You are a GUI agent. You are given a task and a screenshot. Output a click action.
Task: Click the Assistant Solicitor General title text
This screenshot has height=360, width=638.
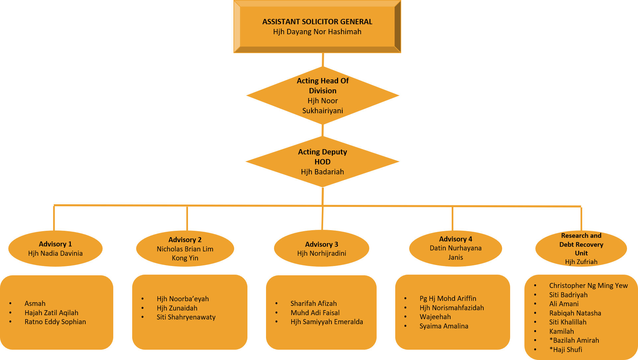click(x=317, y=22)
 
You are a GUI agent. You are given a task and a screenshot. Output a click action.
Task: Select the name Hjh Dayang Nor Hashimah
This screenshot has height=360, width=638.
click(x=317, y=32)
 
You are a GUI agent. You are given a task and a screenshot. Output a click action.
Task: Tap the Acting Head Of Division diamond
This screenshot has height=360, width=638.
click(x=322, y=95)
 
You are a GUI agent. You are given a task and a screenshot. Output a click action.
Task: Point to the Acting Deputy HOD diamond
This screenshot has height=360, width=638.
click(x=322, y=161)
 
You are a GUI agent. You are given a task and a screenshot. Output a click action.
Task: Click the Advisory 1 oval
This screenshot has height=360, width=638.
click(x=55, y=248)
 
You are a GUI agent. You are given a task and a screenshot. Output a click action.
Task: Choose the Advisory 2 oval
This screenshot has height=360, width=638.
click(x=185, y=248)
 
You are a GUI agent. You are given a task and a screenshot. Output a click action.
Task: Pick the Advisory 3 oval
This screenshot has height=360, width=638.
click(x=321, y=248)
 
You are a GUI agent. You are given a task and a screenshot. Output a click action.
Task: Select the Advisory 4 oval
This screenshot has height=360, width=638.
click(x=455, y=248)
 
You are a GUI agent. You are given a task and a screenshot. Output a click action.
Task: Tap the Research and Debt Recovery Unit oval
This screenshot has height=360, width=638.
click(x=581, y=248)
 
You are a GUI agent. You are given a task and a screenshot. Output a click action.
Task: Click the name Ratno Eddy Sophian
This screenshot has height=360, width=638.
click(x=55, y=322)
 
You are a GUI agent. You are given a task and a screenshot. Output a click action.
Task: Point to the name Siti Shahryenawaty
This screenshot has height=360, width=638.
click(x=186, y=317)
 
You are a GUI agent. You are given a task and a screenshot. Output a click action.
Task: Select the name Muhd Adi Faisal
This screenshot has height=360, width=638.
click(x=315, y=313)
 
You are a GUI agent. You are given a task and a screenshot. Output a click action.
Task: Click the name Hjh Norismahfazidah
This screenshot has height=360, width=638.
click(x=452, y=308)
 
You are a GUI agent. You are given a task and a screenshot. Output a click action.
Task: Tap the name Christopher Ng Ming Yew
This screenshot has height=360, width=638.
click(x=588, y=286)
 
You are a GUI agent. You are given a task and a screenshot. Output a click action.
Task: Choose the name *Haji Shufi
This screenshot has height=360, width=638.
click(x=566, y=350)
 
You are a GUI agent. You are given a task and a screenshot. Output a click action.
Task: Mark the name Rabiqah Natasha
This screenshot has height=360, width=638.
click(x=575, y=313)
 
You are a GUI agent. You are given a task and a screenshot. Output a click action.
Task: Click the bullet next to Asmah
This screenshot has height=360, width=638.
click(x=11, y=304)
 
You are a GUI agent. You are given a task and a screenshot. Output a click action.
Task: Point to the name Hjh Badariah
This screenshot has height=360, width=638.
click(x=322, y=172)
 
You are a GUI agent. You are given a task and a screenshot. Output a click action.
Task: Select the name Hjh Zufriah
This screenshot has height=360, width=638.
click(x=581, y=262)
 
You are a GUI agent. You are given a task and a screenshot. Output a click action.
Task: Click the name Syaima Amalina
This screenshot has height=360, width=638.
click(x=444, y=326)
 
